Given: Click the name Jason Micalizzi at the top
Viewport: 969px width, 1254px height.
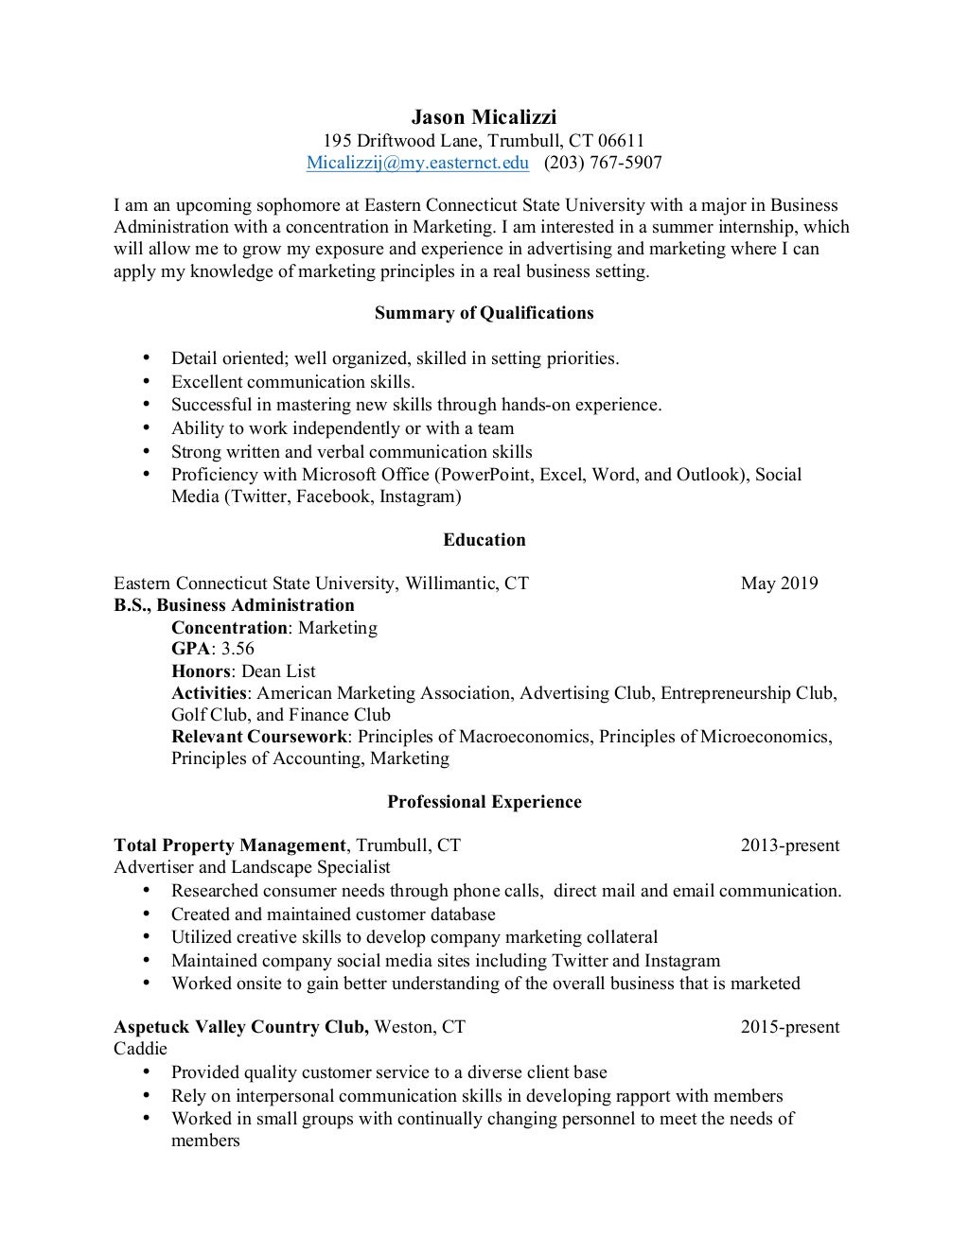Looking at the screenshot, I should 484,117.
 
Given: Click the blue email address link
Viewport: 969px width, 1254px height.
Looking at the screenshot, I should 417,163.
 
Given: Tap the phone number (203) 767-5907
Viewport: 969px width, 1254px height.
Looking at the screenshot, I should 603,163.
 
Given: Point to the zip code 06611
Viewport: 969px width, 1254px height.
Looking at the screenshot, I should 620,141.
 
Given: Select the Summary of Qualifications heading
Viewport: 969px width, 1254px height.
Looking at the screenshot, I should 484,313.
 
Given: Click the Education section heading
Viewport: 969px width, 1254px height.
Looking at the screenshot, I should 484,540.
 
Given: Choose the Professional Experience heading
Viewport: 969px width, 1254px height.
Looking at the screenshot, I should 484,802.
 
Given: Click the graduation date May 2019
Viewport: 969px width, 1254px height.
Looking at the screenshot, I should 779,583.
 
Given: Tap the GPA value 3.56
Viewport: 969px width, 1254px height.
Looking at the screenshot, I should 238,649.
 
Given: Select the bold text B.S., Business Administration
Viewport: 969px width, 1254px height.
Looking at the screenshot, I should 234,605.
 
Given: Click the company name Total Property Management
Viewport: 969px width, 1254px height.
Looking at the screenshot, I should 229,845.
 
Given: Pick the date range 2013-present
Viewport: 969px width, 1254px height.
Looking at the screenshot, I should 789,845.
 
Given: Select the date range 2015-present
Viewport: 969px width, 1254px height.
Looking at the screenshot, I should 789,1027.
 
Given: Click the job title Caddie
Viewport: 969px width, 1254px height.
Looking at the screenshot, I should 140,1049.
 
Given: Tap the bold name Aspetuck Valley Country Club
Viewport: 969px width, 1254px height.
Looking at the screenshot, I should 240,1027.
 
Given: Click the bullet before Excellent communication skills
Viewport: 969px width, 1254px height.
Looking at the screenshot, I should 146,382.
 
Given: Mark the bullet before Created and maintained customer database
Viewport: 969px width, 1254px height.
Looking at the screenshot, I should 146,914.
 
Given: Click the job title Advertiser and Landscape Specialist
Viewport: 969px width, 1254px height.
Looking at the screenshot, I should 252,867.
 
